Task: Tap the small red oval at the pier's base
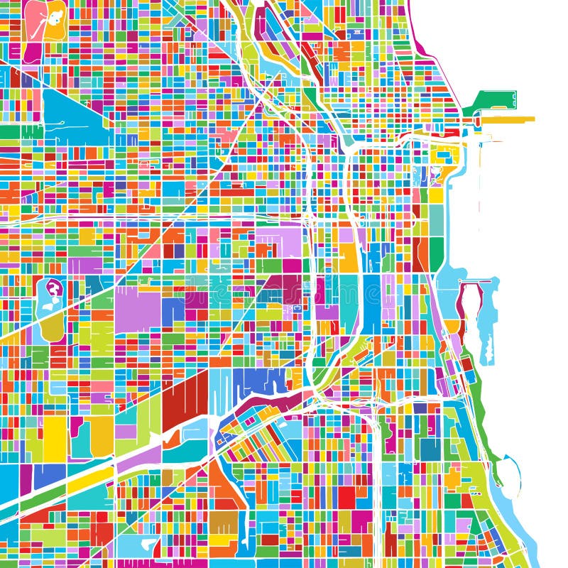click(477, 121)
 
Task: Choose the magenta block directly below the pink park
click(33, 52)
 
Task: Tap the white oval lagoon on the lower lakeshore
click(508, 472)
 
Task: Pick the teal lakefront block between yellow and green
click(436, 220)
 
